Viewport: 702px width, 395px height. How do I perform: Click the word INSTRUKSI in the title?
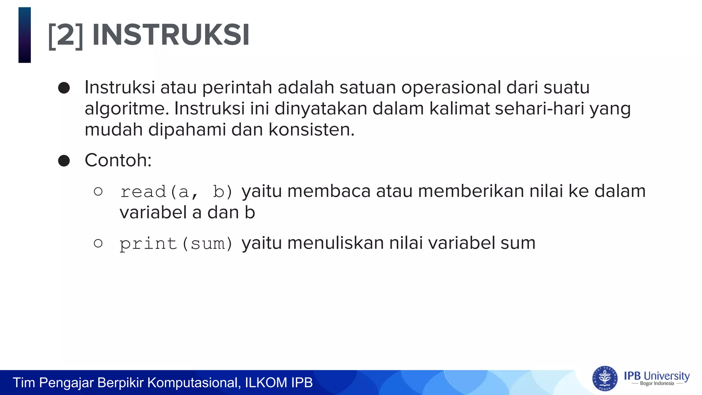point(171,35)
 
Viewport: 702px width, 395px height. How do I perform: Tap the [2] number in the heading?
point(65,36)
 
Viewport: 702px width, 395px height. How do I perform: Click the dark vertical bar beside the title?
point(25,35)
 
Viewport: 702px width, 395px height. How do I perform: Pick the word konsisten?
point(311,130)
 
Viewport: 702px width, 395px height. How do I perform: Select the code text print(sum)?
point(176,244)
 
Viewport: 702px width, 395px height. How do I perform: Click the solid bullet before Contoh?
point(64,160)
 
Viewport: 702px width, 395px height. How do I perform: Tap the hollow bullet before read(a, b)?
point(98,191)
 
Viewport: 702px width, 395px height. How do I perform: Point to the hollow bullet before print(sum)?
point(98,243)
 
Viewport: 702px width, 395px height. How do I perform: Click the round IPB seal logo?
point(605,379)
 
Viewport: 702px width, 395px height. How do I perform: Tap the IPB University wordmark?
point(657,376)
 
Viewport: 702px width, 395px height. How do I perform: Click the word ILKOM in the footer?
point(266,383)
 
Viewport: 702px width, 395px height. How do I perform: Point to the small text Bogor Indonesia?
point(657,384)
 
